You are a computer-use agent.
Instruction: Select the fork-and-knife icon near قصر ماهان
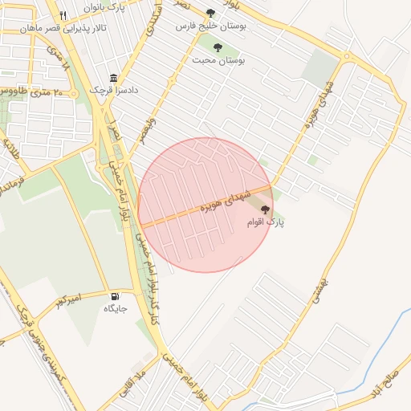point(63,14)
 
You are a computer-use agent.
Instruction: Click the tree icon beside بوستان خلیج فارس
point(210,13)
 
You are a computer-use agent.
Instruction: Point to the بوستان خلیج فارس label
point(210,26)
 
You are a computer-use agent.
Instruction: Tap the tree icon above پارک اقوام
point(265,209)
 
